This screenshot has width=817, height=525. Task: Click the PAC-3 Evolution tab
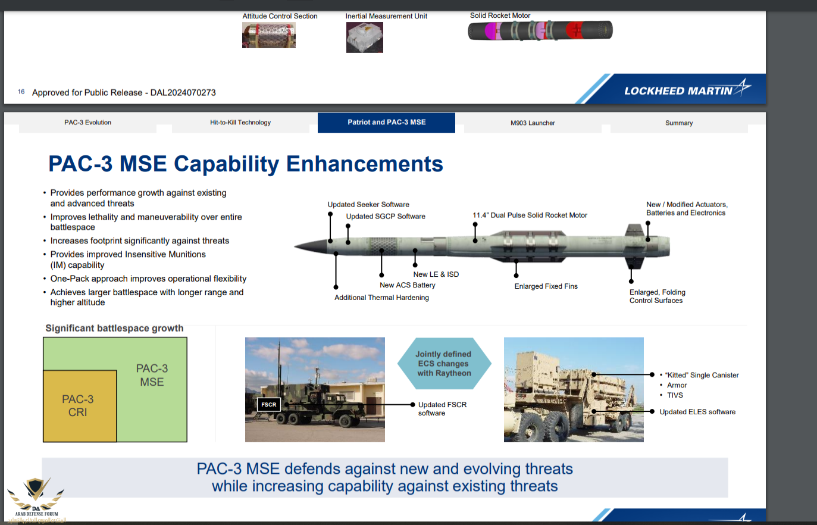[87, 123]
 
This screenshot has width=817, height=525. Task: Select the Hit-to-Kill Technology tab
[240, 123]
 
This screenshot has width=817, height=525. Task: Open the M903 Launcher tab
[533, 123]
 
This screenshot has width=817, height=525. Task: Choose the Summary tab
[679, 123]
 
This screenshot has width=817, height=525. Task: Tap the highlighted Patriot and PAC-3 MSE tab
[386, 123]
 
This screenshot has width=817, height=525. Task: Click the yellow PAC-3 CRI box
[80, 406]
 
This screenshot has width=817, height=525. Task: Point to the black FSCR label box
[269, 405]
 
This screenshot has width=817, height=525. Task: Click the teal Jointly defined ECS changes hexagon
[445, 363]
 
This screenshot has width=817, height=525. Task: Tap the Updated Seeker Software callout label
[368, 204]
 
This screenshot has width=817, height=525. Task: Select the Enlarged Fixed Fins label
[546, 286]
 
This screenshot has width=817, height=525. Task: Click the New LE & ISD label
[436, 274]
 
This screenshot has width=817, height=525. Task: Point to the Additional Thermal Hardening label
[381, 298]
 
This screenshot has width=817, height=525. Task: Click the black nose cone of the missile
[312, 246]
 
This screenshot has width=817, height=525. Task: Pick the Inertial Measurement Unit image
[364, 37]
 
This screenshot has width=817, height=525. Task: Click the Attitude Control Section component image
[269, 35]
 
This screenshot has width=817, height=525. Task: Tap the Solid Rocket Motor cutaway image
[540, 30]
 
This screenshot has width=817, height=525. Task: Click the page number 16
[21, 92]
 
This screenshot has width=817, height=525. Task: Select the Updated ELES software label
[697, 412]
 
